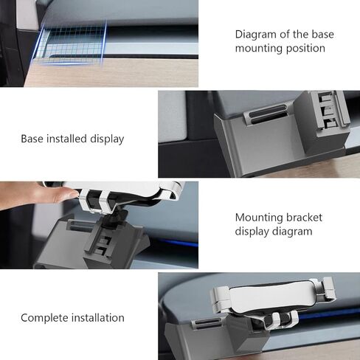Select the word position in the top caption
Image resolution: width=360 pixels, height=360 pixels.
coord(305,48)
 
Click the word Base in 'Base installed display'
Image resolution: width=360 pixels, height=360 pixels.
coord(32,139)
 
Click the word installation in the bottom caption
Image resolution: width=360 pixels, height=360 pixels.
coord(98,318)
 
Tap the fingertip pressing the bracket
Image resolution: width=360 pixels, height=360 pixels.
coord(72,193)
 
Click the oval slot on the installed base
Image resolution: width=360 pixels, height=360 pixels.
coord(267,114)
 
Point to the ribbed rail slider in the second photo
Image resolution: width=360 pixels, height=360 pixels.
coord(330,109)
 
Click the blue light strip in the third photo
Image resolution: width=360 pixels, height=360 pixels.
coord(181,242)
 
